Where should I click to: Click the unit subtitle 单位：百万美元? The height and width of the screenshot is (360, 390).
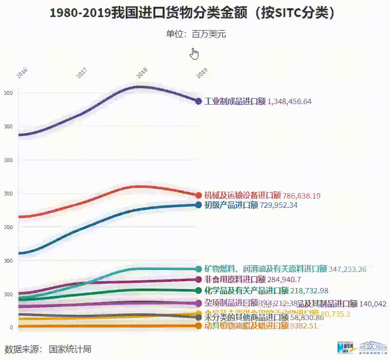tap(195, 34)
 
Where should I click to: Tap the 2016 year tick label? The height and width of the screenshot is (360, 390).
tap(22, 73)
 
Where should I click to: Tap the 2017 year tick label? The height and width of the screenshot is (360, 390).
tap(82, 73)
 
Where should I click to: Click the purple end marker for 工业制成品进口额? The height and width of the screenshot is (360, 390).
tap(198, 101)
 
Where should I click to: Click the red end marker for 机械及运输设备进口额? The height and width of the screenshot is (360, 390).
tap(198, 196)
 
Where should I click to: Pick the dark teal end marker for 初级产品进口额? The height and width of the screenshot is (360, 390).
tap(198, 205)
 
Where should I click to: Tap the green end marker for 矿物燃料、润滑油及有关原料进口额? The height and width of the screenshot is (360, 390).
tap(198, 269)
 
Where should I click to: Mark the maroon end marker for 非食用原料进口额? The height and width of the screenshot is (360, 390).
tap(198, 279)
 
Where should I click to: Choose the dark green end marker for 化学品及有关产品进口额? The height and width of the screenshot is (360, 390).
tap(198, 290)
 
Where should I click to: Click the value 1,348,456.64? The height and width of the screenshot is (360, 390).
tap(289, 102)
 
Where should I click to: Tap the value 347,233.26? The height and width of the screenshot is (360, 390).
tap(347, 269)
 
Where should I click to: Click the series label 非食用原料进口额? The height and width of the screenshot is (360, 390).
tap(234, 279)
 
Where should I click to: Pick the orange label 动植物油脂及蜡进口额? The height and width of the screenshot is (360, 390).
tap(246, 325)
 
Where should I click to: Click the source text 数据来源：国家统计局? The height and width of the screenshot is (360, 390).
tap(48, 349)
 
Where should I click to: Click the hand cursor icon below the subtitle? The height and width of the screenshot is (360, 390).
tap(195, 53)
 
